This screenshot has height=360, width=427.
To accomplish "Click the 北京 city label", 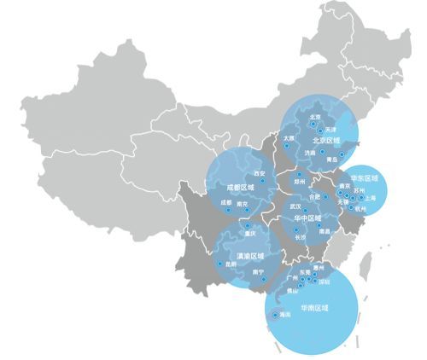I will click(314, 117).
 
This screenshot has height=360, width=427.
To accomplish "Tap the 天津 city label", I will click(331, 130).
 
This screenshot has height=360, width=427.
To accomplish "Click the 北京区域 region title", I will click(325, 140).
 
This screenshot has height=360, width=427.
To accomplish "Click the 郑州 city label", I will click(299, 181).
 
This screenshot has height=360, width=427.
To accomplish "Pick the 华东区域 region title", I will click(364, 178).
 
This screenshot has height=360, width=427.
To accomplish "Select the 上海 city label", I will click(370, 197).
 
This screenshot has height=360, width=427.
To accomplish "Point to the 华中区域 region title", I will click(307, 218).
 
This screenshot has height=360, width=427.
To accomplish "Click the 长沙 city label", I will click(300, 238).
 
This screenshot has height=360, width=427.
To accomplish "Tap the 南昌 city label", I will click(324, 231).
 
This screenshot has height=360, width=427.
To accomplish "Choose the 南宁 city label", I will click(259, 272).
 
